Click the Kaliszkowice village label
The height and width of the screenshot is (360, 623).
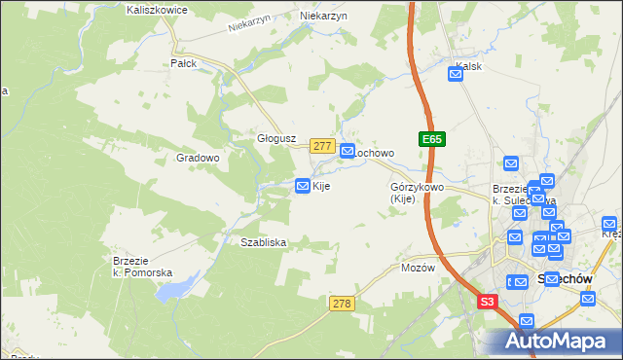coord(157,9)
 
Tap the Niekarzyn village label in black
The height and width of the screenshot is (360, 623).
coord(324,17)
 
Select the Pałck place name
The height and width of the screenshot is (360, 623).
coord(183,63)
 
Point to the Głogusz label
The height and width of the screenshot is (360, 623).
coord(275,138)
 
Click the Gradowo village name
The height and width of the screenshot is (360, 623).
coord(198,158)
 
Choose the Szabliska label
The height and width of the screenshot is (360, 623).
coord(257,242)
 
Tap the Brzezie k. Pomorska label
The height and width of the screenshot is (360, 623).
coord(142,268)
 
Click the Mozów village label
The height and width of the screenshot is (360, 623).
coord(416,268)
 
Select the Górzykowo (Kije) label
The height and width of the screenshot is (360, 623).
coord(417,193)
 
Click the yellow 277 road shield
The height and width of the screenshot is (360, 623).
coord(323,146)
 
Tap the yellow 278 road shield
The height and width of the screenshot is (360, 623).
coord(341,305)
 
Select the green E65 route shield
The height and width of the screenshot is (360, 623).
coord(432,140)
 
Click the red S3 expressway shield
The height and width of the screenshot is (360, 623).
coord(489,303)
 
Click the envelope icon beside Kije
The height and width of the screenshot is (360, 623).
coord(303,186)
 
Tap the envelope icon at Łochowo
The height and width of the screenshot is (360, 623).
coord(347,152)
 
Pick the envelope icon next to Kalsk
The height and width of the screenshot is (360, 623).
coord(456,72)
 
